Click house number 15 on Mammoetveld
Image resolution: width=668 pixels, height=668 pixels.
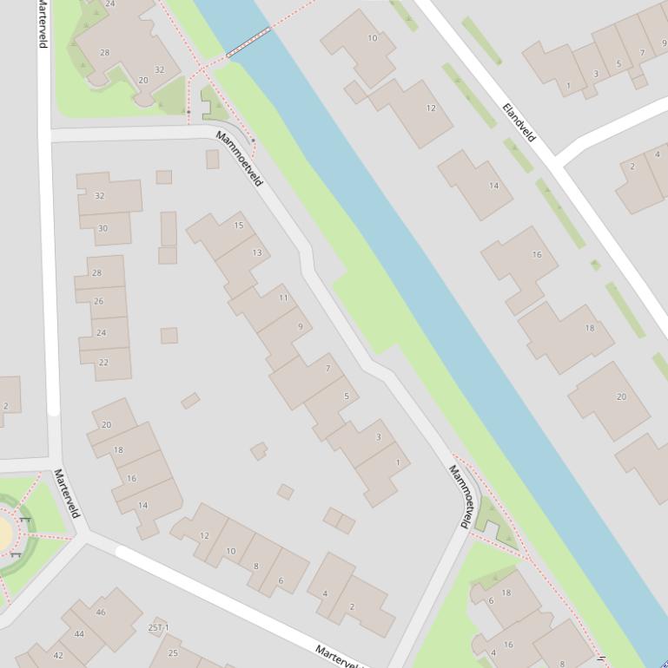(x=239, y=226)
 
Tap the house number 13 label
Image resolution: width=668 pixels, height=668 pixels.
(x=257, y=252)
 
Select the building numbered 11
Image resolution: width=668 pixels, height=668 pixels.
(x=283, y=298)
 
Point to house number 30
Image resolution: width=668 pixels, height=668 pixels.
(x=103, y=229)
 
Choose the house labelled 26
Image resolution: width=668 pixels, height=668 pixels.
(x=98, y=301)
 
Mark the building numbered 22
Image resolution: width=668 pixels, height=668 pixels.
(x=103, y=363)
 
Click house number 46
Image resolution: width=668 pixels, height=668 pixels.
(x=101, y=612)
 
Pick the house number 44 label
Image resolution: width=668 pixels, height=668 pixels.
(x=79, y=634)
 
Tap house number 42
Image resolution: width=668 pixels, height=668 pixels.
(x=58, y=655)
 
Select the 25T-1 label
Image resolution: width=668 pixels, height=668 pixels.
(x=158, y=627)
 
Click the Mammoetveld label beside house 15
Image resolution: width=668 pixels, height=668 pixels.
(x=239, y=160)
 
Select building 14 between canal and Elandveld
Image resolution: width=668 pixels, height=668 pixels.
(x=493, y=186)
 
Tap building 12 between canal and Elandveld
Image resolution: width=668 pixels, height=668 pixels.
(x=431, y=108)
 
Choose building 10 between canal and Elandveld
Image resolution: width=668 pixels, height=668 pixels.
(x=373, y=38)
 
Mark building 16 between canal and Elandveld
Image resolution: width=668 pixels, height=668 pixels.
(x=537, y=255)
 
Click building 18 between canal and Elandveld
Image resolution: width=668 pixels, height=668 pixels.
(x=590, y=328)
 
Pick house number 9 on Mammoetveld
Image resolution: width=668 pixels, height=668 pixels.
(x=301, y=326)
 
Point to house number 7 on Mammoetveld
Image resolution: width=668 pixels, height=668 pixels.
(x=327, y=369)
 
